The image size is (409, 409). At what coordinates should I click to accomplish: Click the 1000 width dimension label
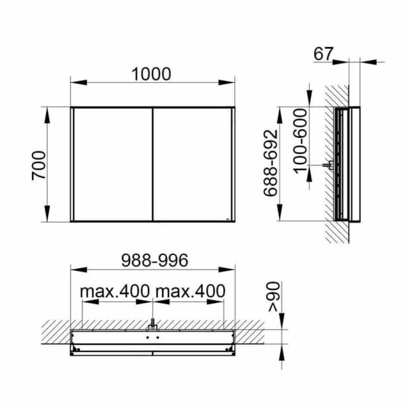pos(151,74)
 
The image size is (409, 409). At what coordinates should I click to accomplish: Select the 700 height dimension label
pos(39,165)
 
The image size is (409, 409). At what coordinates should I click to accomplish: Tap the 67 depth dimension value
pos(323,54)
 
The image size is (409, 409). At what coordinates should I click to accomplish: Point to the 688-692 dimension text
pos(270,164)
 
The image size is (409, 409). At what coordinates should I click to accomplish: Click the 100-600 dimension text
pos(302,140)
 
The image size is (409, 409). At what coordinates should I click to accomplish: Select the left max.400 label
pos(115,291)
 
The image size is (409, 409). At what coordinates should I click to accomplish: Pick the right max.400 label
pos(190,291)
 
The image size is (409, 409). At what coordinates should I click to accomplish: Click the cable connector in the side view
pos(330,164)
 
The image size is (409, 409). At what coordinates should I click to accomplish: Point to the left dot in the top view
pos(148,338)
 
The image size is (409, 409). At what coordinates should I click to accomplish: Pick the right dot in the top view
pos(157,338)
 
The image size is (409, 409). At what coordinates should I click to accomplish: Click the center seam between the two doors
pos(153,164)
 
